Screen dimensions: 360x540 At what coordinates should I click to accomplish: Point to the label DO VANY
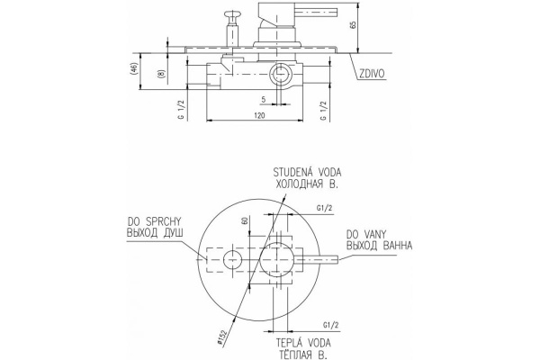(367, 233)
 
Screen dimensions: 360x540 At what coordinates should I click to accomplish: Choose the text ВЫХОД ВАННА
(379, 245)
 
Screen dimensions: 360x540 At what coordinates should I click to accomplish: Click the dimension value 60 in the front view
(245, 220)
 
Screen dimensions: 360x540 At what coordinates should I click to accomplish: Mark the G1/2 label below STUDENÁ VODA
(325, 208)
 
